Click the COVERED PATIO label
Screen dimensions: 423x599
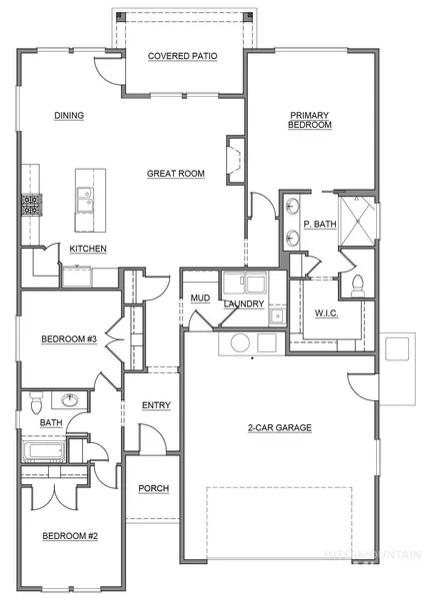tap(183, 56)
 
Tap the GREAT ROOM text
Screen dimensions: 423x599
tap(176, 174)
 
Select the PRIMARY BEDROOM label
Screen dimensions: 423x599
tap(310, 120)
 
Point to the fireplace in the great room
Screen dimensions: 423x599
tap(235, 160)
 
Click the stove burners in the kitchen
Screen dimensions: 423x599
tap(31, 205)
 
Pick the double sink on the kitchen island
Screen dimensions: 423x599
tap(85, 199)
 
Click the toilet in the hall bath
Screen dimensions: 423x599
tap(36, 403)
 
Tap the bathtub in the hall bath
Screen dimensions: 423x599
tap(44, 451)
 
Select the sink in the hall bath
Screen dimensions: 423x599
tap(70, 400)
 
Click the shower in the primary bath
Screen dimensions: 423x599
tap(358, 220)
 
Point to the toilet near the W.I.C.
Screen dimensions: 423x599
tap(358, 286)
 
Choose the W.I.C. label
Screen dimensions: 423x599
tap(327, 313)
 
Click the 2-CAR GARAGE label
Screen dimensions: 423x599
tap(280, 428)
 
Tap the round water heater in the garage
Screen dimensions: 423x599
tap(240, 342)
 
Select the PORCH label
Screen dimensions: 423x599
tap(154, 488)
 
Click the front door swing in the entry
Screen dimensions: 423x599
tap(153, 437)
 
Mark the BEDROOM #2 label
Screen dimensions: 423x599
tap(70, 536)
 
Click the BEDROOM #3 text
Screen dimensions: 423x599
tap(69, 338)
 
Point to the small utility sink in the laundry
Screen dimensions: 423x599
tap(277, 315)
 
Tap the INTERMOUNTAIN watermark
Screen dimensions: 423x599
tap(372, 555)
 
